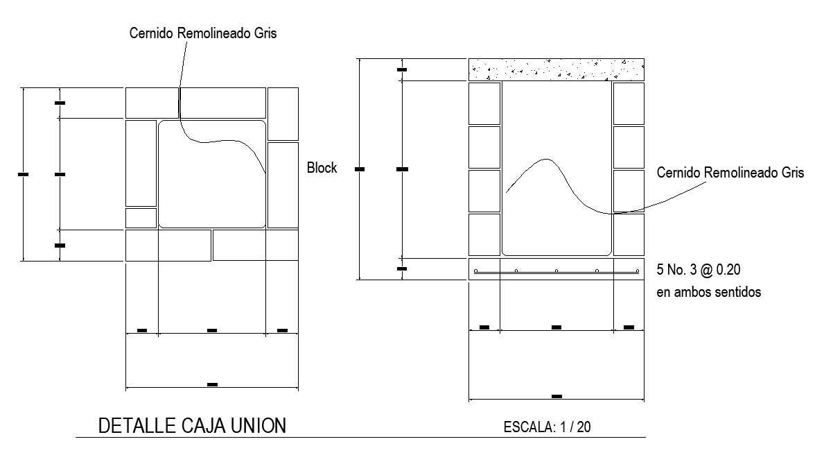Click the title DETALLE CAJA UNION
coord(193,425)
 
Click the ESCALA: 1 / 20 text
coord(547,427)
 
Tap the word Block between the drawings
coord(322,168)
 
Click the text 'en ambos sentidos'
coord(708,292)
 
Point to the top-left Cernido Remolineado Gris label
coord(203,33)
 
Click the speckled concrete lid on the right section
coord(557,69)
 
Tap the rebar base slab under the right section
coord(557,269)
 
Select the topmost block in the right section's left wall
coord(484,103)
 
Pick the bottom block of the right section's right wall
coord(629,234)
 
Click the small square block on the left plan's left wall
coord(141,218)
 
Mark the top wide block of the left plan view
coord(195,103)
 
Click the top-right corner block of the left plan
coord(283,114)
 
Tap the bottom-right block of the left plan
coord(255,246)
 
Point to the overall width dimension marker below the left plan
coord(212,384)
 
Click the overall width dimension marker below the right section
coord(557,396)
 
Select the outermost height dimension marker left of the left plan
coord(23,174)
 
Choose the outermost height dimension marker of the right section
coord(359,169)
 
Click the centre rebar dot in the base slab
coord(557,271)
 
